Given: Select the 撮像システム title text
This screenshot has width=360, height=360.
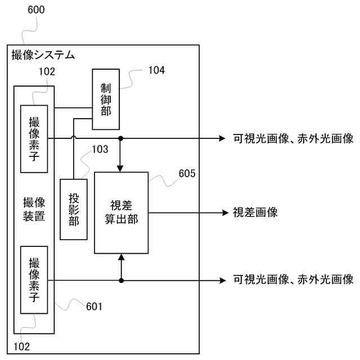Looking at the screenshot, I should point(43,55).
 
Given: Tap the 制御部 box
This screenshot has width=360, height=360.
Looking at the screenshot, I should point(106,100).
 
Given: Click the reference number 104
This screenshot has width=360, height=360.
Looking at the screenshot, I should point(157,70).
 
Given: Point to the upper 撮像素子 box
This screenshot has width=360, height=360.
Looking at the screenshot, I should point(34,138).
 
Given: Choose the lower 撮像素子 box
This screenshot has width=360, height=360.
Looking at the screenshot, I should point(34,280).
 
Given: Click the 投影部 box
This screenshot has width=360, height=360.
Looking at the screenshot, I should point(74,209).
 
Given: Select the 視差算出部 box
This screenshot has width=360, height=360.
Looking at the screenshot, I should point(121,213).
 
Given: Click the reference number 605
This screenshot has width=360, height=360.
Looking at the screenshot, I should point(187,173).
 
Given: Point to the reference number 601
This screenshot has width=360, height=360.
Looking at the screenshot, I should point(94,306).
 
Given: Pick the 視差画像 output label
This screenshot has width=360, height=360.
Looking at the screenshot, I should point(255,213).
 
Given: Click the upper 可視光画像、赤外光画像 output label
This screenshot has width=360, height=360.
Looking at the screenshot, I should point(293,138).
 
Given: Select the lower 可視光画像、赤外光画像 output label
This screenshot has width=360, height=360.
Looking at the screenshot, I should point(293,280).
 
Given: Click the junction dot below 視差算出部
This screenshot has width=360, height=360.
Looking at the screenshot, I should point(121,280).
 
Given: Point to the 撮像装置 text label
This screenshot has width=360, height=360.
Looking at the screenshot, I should point(34,209).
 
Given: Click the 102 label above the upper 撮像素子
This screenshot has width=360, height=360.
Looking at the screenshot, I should point(47,71).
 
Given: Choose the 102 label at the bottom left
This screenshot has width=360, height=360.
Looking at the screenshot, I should point(21,346).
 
